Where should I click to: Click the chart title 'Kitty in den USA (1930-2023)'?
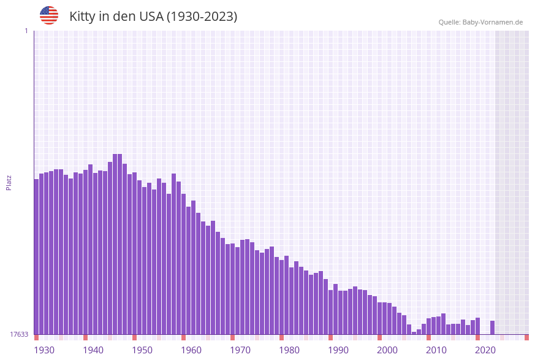pyautogui.click(x=153, y=17)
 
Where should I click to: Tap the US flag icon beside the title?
pyautogui.click(x=49, y=15)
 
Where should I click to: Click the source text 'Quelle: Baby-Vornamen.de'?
pyautogui.click(x=480, y=22)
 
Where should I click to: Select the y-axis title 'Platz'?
pyautogui.click(x=9, y=182)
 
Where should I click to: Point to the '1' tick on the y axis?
pyautogui.click(x=26, y=31)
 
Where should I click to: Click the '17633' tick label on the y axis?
pyautogui.click(x=19, y=334)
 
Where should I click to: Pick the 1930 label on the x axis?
pyautogui.click(x=44, y=350)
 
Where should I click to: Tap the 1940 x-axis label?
pyautogui.click(x=93, y=350)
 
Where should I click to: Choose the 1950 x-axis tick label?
pyautogui.click(x=142, y=350)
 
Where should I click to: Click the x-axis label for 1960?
pyautogui.click(x=191, y=350)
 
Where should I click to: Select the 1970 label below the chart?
pyautogui.click(x=240, y=350)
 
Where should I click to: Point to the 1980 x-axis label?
pyautogui.click(x=289, y=350)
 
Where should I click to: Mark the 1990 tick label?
pyautogui.click(x=338, y=350)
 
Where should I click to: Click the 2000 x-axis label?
pyautogui.click(x=387, y=350)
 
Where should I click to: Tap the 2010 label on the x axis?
pyautogui.click(x=436, y=350)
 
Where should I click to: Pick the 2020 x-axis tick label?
pyautogui.click(x=485, y=350)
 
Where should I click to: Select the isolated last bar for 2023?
pyautogui.click(x=492, y=327)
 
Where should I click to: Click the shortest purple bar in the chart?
pyautogui.click(x=414, y=333)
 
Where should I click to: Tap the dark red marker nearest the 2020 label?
pyautogui.click(x=477, y=337)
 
